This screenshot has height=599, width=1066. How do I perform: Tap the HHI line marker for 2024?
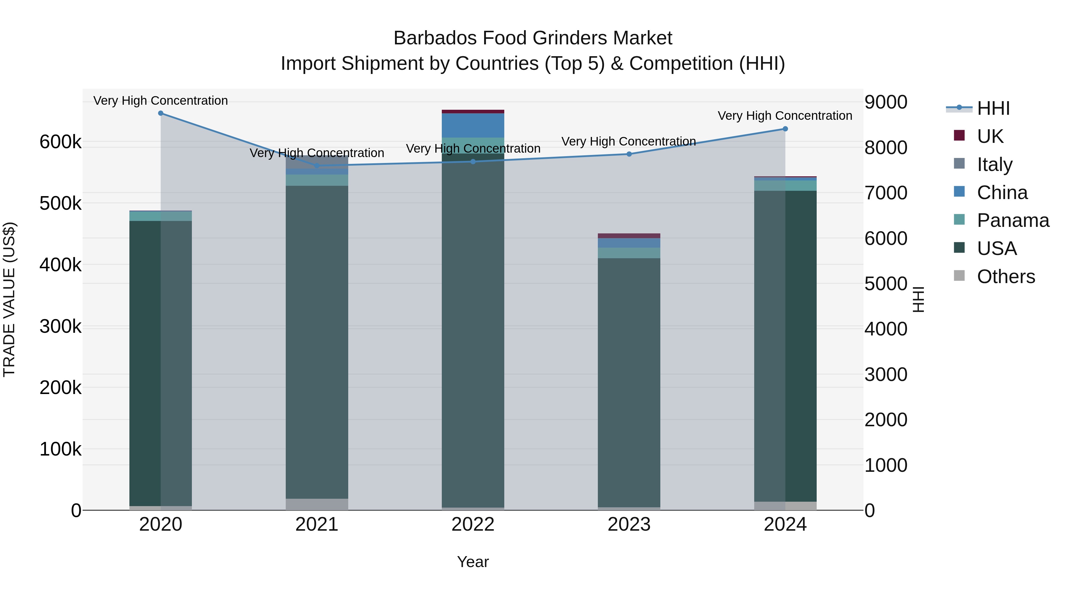pyautogui.click(x=785, y=129)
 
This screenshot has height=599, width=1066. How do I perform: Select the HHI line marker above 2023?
pyautogui.click(x=629, y=154)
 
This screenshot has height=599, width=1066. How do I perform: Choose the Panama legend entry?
pyautogui.click(x=1012, y=220)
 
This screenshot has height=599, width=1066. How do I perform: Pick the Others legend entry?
pyautogui.click(x=1005, y=277)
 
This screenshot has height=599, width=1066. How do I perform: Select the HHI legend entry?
pyautogui.click(x=993, y=108)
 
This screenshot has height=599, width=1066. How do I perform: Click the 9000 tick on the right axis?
pyautogui.click(x=886, y=102)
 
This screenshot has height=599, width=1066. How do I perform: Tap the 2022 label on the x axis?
pyautogui.click(x=473, y=524)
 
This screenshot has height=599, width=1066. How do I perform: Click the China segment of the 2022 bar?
pyautogui.click(x=473, y=125)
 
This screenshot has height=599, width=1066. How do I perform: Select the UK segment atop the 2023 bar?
pyautogui.click(x=629, y=236)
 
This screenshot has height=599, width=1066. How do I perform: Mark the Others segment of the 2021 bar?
pyautogui.click(x=317, y=504)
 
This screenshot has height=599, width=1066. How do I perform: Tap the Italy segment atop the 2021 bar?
pyautogui.click(x=317, y=162)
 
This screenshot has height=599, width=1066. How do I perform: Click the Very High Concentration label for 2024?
pyautogui.click(x=785, y=116)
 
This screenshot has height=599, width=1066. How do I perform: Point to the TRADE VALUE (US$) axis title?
pyautogui.click(x=9, y=299)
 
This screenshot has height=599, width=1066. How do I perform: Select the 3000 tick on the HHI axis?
pyautogui.click(x=886, y=374)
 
